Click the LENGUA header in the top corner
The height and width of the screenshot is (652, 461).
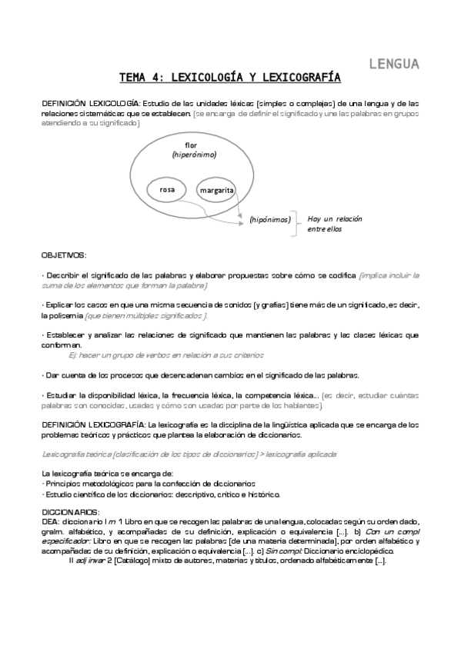point(394,63)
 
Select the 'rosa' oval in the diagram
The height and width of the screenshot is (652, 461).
point(167,188)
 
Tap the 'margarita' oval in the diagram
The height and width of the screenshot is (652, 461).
point(216,189)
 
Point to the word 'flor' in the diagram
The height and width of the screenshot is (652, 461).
point(192,145)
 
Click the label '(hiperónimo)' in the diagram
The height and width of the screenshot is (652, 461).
point(194,155)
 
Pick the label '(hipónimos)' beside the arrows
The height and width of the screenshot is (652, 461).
point(270,220)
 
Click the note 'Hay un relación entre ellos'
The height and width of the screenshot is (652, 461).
point(334,224)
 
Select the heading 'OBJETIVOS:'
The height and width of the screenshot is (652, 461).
point(64,254)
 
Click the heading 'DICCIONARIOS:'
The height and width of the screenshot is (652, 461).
point(71,511)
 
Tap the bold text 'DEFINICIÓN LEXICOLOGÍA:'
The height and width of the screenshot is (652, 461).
point(91,103)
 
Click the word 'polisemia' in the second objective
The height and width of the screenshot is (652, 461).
point(62,315)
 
